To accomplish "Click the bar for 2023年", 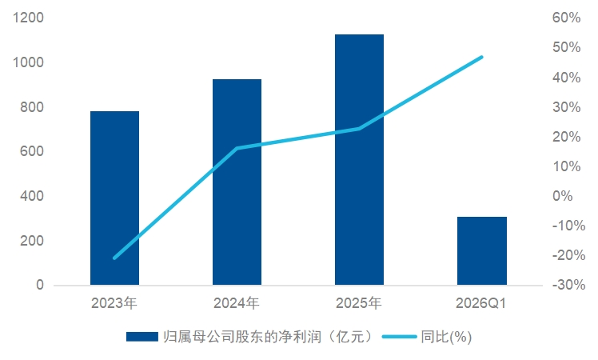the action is [114, 198].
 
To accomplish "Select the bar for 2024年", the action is [237, 182].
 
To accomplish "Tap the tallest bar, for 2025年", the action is [359, 159].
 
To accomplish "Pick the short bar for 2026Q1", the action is [482, 251].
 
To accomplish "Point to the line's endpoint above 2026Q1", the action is [482, 58].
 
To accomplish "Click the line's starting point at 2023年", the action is [114, 258].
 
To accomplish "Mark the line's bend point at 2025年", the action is [359, 129].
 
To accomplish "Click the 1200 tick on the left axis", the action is [28, 18].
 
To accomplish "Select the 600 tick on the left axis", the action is [32, 151].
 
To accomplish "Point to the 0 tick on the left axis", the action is [40, 285].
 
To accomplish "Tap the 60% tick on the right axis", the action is [566, 18].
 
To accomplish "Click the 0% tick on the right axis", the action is [563, 196].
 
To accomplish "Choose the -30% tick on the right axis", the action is [568, 285].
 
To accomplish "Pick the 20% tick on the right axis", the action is [566, 136].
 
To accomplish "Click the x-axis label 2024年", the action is [237, 303].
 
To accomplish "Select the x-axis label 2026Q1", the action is [481, 303].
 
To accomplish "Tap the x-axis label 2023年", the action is [114, 303].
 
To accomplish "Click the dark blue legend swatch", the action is [142, 337].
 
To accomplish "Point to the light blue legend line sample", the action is [399, 337].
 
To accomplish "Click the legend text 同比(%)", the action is [447, 337].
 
